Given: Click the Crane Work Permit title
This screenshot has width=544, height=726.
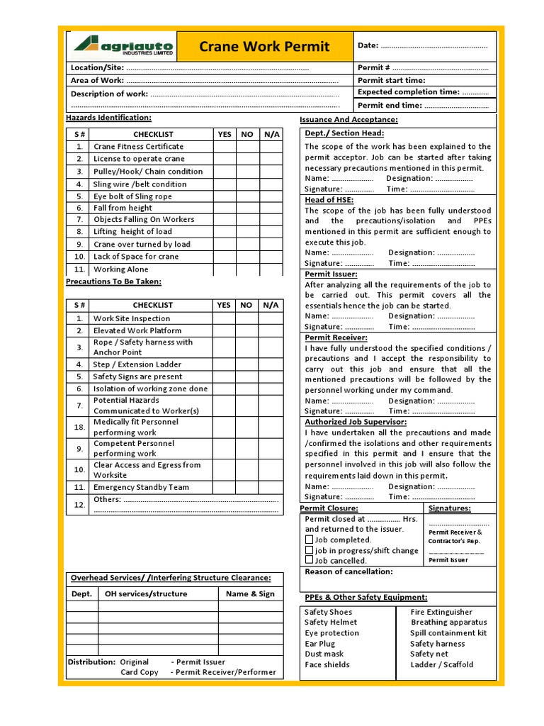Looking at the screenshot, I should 264,47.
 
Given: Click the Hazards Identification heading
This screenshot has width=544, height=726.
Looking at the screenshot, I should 108,117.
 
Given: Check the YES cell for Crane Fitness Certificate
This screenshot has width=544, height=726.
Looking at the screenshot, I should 225,147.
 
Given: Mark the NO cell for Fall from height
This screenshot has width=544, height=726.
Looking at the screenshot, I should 246,208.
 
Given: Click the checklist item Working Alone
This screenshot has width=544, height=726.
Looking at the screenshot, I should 121,269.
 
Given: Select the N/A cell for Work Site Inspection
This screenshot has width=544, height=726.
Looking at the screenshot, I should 271,318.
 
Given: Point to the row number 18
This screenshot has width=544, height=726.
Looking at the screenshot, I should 79,427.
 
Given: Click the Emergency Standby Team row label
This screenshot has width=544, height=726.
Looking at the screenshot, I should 141,487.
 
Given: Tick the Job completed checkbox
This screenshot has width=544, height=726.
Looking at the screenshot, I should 309,540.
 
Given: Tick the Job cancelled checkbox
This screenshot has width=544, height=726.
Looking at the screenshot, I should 309,560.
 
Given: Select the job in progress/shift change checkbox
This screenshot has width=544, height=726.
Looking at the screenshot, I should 309,550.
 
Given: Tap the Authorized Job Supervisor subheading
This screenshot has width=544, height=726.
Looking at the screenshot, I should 356,422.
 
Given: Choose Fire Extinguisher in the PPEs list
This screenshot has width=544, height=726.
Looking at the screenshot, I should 441,612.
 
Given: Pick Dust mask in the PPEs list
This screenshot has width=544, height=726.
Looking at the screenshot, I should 324,654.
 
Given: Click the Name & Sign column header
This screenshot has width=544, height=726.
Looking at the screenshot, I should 250,594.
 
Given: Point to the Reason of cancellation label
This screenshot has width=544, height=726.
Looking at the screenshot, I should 348,571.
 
